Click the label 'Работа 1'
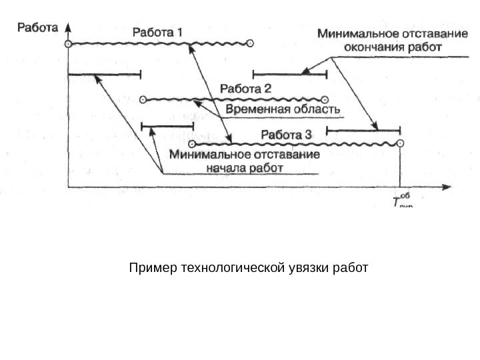pos(161,31)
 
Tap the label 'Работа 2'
pos(246,88)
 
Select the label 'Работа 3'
pos(285,133)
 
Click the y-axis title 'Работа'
pos(37,27)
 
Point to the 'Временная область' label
pos(284,109)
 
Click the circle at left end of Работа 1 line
pos(67,44)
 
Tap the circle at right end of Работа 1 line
pos(250,44)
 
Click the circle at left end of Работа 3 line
pos(191,144)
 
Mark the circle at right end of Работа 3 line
pos(399,143)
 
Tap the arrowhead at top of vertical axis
pos(68,28)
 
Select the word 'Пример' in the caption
pos(149,269)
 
